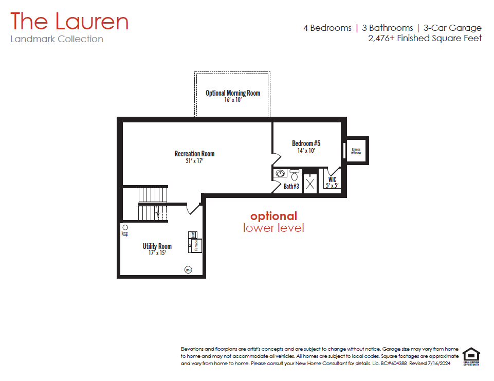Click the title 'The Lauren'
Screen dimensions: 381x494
coord(69,22)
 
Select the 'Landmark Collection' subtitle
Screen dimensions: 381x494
coord(57,39)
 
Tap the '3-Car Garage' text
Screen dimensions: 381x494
coord(452,28)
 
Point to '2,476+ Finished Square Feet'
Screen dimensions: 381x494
coord(425,38)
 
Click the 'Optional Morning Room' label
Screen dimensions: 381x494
coord(233,93)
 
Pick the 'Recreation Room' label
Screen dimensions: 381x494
coord(194,154)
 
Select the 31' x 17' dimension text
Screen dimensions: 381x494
coord(194,161)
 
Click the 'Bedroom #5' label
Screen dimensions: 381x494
coord(306,143)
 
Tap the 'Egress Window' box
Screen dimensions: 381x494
coord(356,151)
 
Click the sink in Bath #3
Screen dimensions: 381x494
coord(281,173)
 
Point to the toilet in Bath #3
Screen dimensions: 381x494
coord(295,175)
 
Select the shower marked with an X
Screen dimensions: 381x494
coord(310,184)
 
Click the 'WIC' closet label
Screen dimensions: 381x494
coord(332,180)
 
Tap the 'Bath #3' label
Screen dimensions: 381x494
coord(291,186)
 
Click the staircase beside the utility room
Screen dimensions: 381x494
coord(153,204)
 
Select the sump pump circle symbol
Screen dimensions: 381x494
coord(125,227)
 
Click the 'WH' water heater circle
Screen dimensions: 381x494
coord(188,269)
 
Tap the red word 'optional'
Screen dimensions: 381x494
coord(273,216)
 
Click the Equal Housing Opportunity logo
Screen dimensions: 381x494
coord(471,356)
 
